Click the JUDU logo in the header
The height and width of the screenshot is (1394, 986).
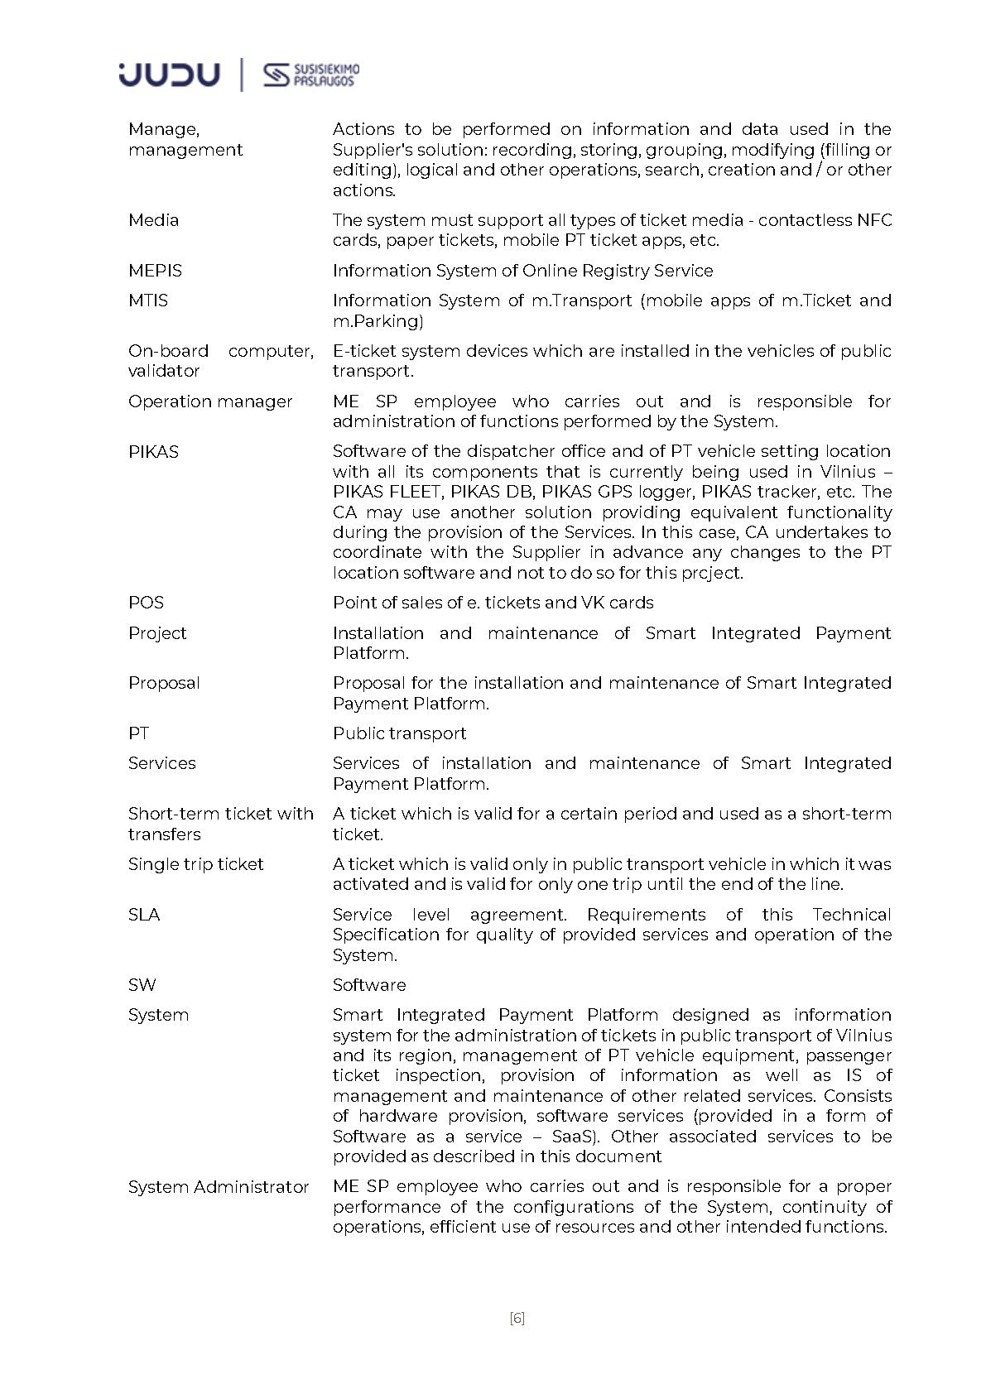170,75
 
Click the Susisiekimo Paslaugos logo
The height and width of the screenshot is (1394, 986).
311,75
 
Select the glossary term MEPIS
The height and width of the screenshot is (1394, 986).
155,271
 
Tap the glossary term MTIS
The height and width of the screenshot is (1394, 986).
148,300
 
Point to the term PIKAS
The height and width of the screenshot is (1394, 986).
153,452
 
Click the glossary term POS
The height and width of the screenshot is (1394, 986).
146,603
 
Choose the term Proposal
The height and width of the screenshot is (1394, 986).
164,683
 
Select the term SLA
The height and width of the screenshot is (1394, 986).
144,915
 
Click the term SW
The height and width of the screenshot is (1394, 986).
142,985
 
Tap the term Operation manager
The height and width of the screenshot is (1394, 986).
210,401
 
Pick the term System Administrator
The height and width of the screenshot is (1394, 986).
219,1187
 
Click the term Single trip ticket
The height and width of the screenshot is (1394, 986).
195,864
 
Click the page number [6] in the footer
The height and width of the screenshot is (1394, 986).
517,1319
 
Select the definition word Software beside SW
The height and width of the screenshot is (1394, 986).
369,985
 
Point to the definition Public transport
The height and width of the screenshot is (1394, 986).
399,733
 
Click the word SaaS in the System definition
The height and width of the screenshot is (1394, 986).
573,1137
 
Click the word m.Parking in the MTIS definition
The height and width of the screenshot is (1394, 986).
378,321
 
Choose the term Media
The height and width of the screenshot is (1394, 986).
153,220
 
